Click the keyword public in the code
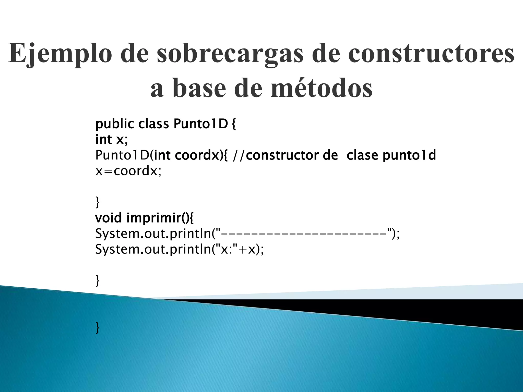click(x=114, y=124)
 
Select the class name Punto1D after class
click(x=200, y=124)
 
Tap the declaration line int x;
click(x=111, y=140)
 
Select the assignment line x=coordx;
click(x=128, y=171)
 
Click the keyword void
click(x=108, y=218)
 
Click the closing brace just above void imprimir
click(x=97, y=202)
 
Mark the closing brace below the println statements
click(x=97, y=281)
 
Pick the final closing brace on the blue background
click(x=97, y=328)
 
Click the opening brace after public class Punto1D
click(x=234, y=124)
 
